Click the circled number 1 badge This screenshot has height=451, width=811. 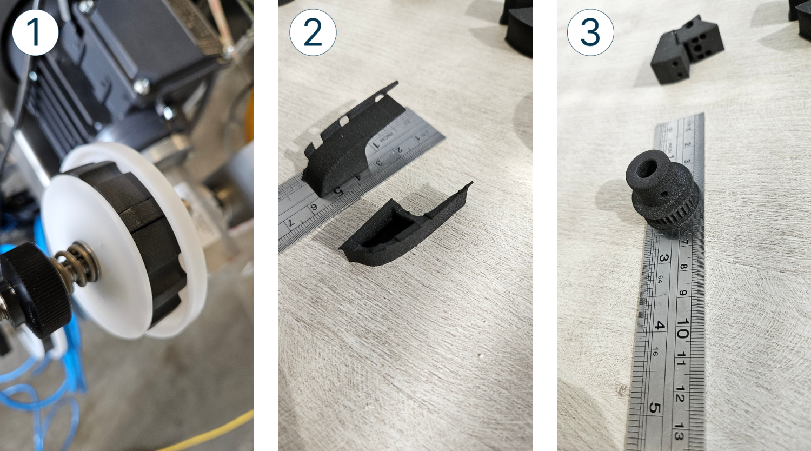coord(35,32)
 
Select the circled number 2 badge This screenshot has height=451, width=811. coord(313,32)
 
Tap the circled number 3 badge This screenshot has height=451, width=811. coord(590,32)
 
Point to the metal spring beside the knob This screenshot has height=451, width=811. coord(81,262)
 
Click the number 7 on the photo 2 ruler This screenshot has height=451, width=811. coord(291,222)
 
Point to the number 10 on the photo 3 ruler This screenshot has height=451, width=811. coord(682,328)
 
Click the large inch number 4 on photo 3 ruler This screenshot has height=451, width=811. coord(659,326)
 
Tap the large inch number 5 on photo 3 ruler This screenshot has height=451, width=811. coord(655,407)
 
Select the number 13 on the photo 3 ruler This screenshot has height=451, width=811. coord(679,433)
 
